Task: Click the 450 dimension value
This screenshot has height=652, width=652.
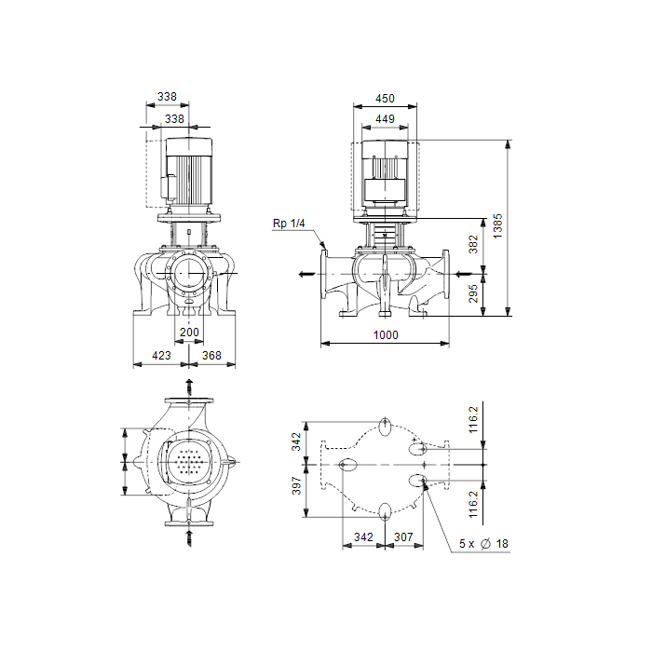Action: [385, 99]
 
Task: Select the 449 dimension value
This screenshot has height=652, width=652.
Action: [385, 119]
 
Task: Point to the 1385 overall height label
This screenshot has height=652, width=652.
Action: [497, 226]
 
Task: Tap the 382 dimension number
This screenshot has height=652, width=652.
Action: [473, 244]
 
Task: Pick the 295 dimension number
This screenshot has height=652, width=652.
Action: [473, 293]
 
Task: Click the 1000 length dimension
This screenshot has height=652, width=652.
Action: [386, 334]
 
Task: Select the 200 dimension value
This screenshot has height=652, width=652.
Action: [189, 333]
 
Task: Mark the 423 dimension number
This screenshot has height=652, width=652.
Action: [161, 356]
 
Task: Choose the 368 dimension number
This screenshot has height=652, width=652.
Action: [211, 356]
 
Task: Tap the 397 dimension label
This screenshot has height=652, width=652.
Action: [296, 485]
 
